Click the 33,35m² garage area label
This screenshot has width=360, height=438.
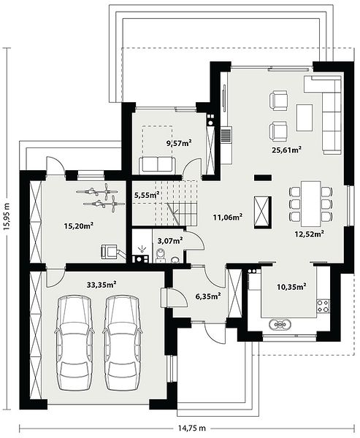point(102,285)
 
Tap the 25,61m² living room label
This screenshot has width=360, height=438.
point(286,150)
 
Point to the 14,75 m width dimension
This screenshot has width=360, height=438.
point(191,428)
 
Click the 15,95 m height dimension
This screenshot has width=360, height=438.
point(7,217)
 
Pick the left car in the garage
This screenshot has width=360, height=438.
point(74,343)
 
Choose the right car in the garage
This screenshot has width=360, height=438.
point(123,343)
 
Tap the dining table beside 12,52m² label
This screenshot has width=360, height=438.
point(310,204)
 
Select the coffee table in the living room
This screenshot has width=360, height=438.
point(305,118)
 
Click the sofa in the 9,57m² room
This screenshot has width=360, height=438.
point(157,165)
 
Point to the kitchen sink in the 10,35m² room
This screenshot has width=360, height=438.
point(280,324)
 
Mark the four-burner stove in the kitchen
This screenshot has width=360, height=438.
point(323,305)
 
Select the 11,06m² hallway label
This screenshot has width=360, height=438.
point(228,217)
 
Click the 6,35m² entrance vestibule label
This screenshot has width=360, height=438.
point(208,296)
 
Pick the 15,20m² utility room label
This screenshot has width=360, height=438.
point(79,226)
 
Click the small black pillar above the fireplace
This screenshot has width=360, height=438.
point(263,177)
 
